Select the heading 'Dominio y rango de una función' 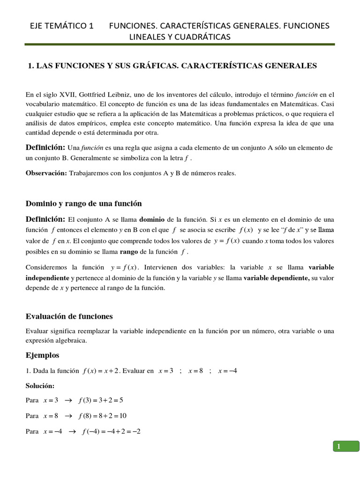[83, 203]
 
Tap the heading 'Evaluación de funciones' [69, 316]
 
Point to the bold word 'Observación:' [46, 173]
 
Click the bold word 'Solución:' [40, 385]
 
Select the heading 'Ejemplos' [42, 355]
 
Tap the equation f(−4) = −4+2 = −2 [111, 431]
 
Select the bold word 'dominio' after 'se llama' [154, 219]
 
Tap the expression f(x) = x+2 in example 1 [102, 371]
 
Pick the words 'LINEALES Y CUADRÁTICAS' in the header [183, 37]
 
